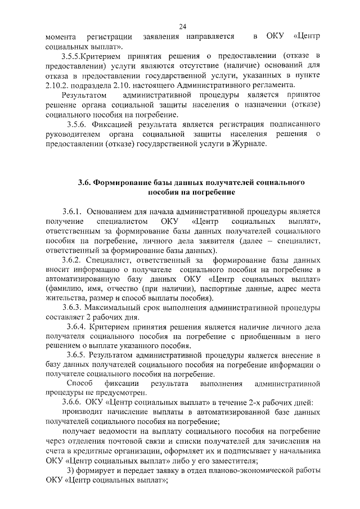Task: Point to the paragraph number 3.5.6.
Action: click(79, 124)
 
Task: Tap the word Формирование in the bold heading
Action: click(124, 183)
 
